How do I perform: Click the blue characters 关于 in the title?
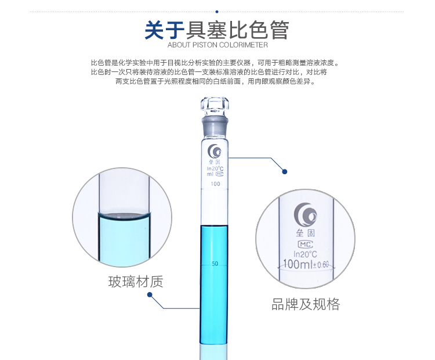(165, 30)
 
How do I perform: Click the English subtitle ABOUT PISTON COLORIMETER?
(217, 45)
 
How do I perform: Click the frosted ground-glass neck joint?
(215, 127)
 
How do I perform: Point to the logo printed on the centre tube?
(215, 151)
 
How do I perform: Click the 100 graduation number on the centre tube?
(215, 184)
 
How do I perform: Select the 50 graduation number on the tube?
(215, 264)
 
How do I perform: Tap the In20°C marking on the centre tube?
(215, 168)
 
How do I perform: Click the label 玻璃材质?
(136, 282)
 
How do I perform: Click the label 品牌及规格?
(306, 304)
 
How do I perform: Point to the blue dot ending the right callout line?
(284, 172)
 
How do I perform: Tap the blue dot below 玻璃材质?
(150, 294)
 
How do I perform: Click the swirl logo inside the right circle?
(305, 215)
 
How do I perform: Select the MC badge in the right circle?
(305, 244)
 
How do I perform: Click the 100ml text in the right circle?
(298, 264)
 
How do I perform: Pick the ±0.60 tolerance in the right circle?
(321, 264)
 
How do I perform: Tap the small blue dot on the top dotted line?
(217, 12)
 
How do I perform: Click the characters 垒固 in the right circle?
(305, 233)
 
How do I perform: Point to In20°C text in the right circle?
(305, 254)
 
